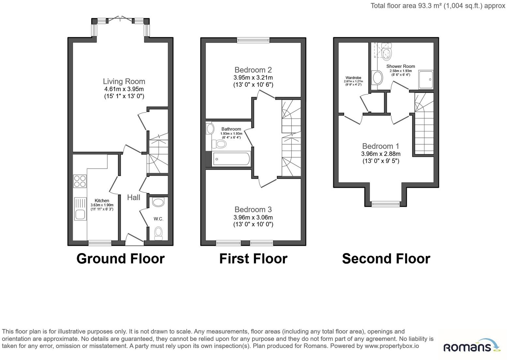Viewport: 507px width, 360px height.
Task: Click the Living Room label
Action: tap(124, 82)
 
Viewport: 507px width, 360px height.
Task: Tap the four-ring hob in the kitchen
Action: tap(80, 181)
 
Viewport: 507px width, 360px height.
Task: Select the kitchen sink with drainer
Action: tap(80, 209)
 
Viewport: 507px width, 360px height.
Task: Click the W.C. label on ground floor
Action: tap(159, 219)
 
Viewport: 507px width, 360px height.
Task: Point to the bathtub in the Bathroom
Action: tap(231, 159)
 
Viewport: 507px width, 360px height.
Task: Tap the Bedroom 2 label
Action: tap(253, 70)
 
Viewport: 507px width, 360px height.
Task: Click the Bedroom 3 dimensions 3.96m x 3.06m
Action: tap(253, 217)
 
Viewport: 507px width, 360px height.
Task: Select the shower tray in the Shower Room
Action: tap(426, 80)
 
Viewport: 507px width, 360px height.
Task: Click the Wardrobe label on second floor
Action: tap(353, 78)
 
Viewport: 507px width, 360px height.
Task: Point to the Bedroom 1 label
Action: tap(381, 146)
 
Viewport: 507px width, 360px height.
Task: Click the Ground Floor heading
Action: tap(121, 258)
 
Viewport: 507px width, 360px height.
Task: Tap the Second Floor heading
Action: tap(386, 258)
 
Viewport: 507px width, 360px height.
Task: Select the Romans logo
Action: tap(472, 346)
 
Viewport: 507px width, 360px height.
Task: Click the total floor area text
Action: tap(438, 6)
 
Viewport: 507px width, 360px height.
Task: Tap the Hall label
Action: tap(133, 198)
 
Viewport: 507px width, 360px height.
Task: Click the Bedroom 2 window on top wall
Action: tap(253, 40)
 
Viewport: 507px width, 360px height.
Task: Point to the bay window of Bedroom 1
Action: tap(386, 204)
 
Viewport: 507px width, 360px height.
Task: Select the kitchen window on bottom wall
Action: tap(100, 243)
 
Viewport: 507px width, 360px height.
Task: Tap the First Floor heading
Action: tap(253, 258)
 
